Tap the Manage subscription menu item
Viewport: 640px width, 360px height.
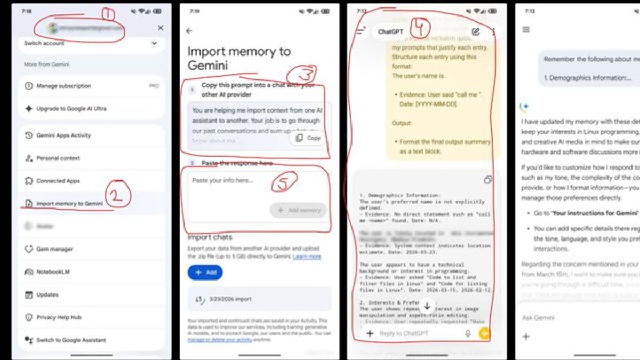click(x=64, y=86)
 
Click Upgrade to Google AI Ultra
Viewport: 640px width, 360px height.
click(x=71, y=109)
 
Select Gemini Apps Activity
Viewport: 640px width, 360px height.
click(x=63, y=135)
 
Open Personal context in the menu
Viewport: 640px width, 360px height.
click(x=58, y=158)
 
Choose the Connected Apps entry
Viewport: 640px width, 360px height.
click(x=58, y=181)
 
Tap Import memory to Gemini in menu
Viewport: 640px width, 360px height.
click(x=69, y=204)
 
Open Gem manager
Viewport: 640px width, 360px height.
click(x=54, y=249)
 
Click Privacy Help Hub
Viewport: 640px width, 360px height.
click(x=59, y=317)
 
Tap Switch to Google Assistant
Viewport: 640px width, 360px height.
click(x=71, y=340)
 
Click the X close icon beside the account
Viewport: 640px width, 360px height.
click(x=161, y=28)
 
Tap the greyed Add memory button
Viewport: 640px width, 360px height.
click(x=299, y=210)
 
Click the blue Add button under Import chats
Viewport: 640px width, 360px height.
click(x=205, y=273)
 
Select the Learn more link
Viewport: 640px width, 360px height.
click(x=307, y=257)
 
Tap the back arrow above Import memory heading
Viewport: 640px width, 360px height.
click(x=189, y=31)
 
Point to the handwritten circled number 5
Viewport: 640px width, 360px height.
click(x=284, y=182)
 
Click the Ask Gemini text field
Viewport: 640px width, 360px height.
click(x=539, y=318)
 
